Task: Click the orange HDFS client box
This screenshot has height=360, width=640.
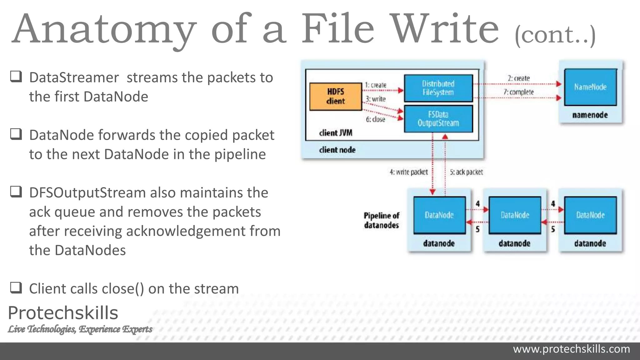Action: click(336, 97)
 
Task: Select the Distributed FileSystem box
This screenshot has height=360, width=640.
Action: click(438, 88)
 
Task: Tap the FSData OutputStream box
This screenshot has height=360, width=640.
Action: click(438, 119)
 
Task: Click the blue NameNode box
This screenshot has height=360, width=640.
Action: click(590, 87)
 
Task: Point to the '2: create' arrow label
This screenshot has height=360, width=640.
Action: click(519, 78)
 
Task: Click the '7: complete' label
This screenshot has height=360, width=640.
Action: click(519, 92)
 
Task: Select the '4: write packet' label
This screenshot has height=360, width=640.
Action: click(409, 172)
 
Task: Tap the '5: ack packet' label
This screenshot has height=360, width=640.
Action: click(466, 172)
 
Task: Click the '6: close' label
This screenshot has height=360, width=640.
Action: click(376, 119)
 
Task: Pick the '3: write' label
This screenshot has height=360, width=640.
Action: click(376, 99)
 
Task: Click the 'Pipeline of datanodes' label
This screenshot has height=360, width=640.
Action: click(382, 220)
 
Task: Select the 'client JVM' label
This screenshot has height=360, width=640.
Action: click(336, 133)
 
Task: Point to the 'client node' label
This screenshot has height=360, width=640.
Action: click(337, 150)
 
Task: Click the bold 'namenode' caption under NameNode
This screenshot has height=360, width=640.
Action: click(590, 115)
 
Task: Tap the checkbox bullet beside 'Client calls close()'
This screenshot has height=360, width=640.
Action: click(16, 287)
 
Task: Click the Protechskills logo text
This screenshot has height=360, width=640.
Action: click(63, 313)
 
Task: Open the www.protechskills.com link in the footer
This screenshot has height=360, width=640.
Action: click(572, 349)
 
